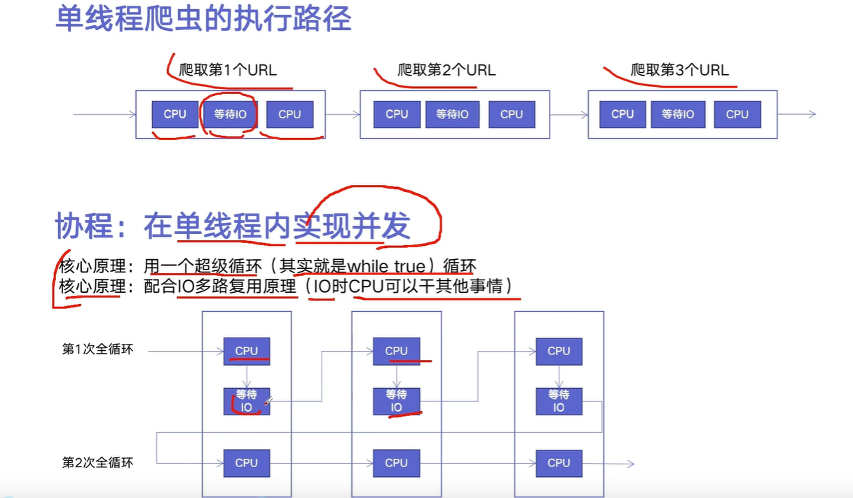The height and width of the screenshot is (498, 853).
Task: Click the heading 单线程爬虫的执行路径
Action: click(203, 19)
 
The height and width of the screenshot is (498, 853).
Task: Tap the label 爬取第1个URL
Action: click(228, 70)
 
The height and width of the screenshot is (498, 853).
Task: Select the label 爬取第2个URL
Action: click(446, 70)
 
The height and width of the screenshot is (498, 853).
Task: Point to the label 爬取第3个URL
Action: click(680, 70)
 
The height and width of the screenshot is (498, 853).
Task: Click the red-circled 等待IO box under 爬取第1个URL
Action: click(230, 114)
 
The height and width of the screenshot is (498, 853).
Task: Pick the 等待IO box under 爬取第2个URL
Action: click(452, 114)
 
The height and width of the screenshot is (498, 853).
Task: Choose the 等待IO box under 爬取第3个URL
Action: click(678, 114)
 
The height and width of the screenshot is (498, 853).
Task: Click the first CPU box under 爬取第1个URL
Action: click(175, 114)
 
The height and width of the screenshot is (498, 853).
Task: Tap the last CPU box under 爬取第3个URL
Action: click(737, 114)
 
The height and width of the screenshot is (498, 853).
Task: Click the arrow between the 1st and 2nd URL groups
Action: click(342, 114)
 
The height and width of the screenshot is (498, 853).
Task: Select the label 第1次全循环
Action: click(97, 350)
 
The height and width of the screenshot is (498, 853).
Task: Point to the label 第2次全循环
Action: click(97, 462)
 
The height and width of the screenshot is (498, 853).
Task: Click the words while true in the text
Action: click(386, 266)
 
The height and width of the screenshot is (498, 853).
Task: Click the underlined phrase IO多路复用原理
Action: click(237, 286)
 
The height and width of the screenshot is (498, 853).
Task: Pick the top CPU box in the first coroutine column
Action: click(247, 351)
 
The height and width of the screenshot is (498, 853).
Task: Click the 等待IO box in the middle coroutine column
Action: click(396, 401)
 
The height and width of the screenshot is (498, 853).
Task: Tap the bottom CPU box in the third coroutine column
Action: click(559, 463)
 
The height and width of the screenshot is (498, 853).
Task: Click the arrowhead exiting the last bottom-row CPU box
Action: click(630, 464)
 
